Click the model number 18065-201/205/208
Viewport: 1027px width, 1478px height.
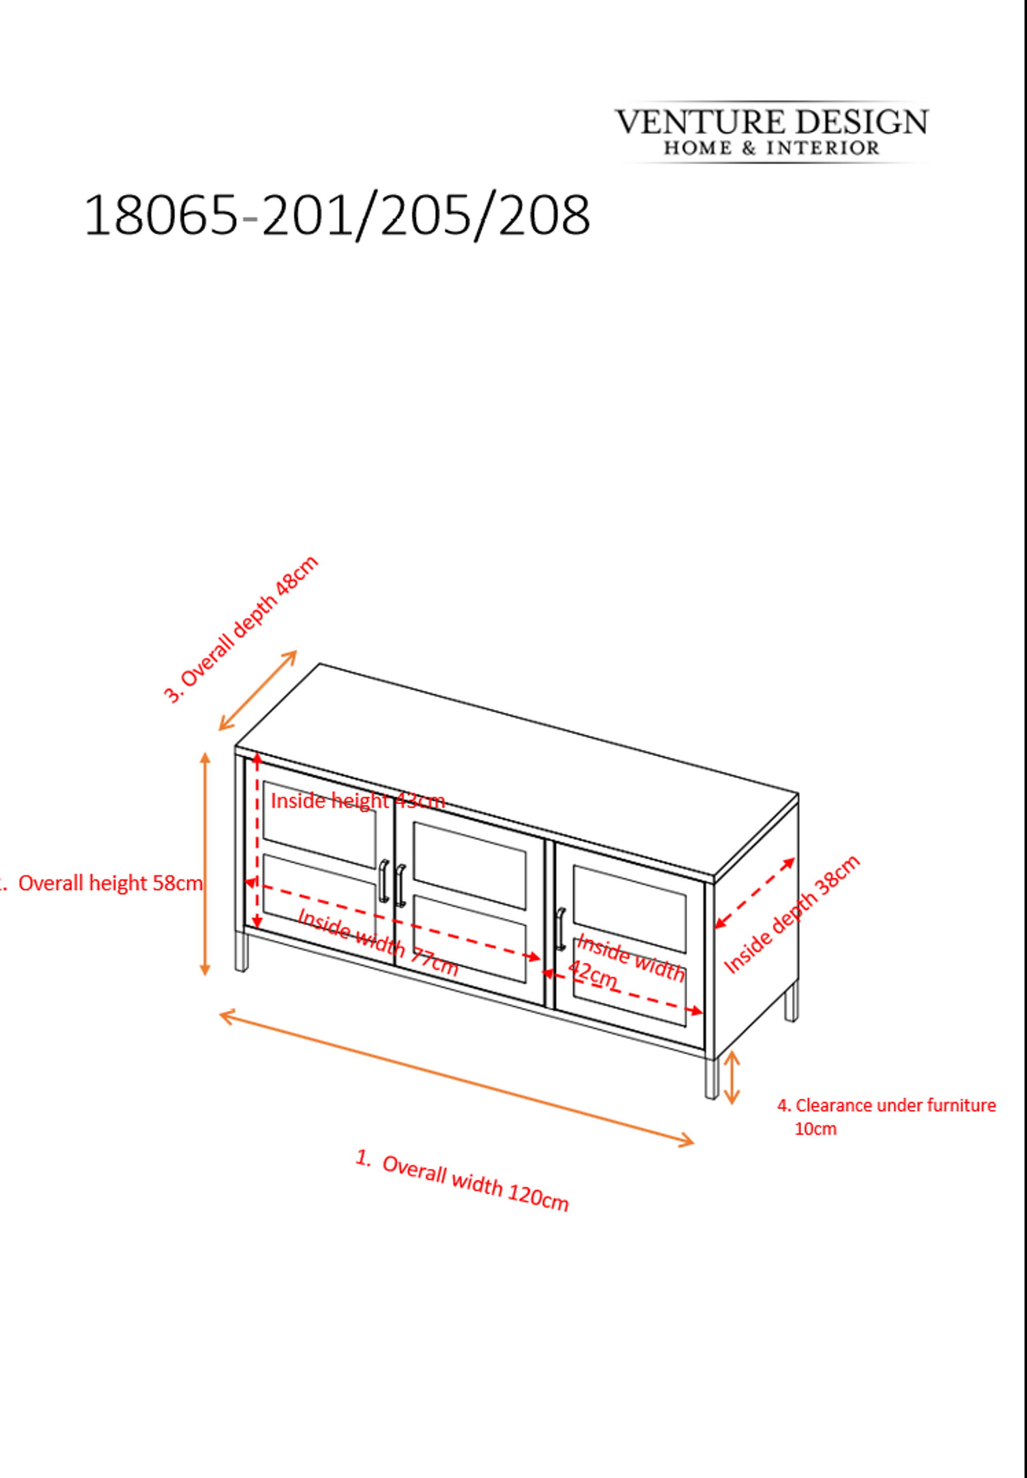click(336, 215)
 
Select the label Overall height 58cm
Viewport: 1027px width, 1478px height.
click(110, 882)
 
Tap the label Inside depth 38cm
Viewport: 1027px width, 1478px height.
click(792, 914)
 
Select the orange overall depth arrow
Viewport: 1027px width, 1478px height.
click(258, 690)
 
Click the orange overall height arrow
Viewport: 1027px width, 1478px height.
click(205, 864)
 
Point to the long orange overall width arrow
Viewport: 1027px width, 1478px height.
click(457, 1079)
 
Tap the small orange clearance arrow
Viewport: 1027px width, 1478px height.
click(732, 1078)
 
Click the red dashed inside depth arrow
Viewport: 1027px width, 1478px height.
click(755, 893)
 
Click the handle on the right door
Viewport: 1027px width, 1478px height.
click(561, 930)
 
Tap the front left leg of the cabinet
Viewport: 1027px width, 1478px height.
click(242, 952)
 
